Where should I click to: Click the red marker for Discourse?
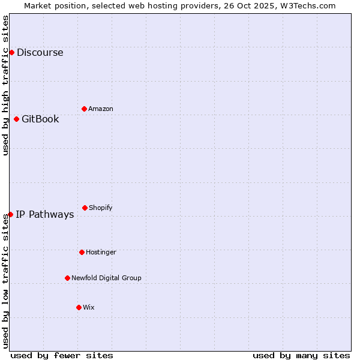(x=11, y=52)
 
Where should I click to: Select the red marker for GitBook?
(x=16, y=119)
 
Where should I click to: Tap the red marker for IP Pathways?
(x=10, y=214)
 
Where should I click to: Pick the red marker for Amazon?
(x=84, y=109)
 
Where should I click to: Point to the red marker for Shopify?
(x=85, y=208)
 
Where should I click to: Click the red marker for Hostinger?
(x=82, y=252)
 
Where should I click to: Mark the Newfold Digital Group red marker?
(x=67, y=278)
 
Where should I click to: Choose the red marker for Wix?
(x=79, y=307)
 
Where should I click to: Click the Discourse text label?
(x=40, y=52)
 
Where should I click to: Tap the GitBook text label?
(x=40, y=119)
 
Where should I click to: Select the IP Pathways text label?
(x=44, y=214)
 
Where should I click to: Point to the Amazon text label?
(x=101, y=109)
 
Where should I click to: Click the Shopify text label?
(x=101, y=208)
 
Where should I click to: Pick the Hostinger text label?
(x=101, y=252)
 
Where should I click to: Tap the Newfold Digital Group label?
(x=106, y=278)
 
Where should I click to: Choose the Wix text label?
(x=89, y=307)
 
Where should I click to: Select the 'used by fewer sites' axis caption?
(x=62, y=355)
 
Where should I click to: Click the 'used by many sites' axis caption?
(x=301, y=355)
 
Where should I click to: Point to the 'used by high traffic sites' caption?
(x=5, y=85)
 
